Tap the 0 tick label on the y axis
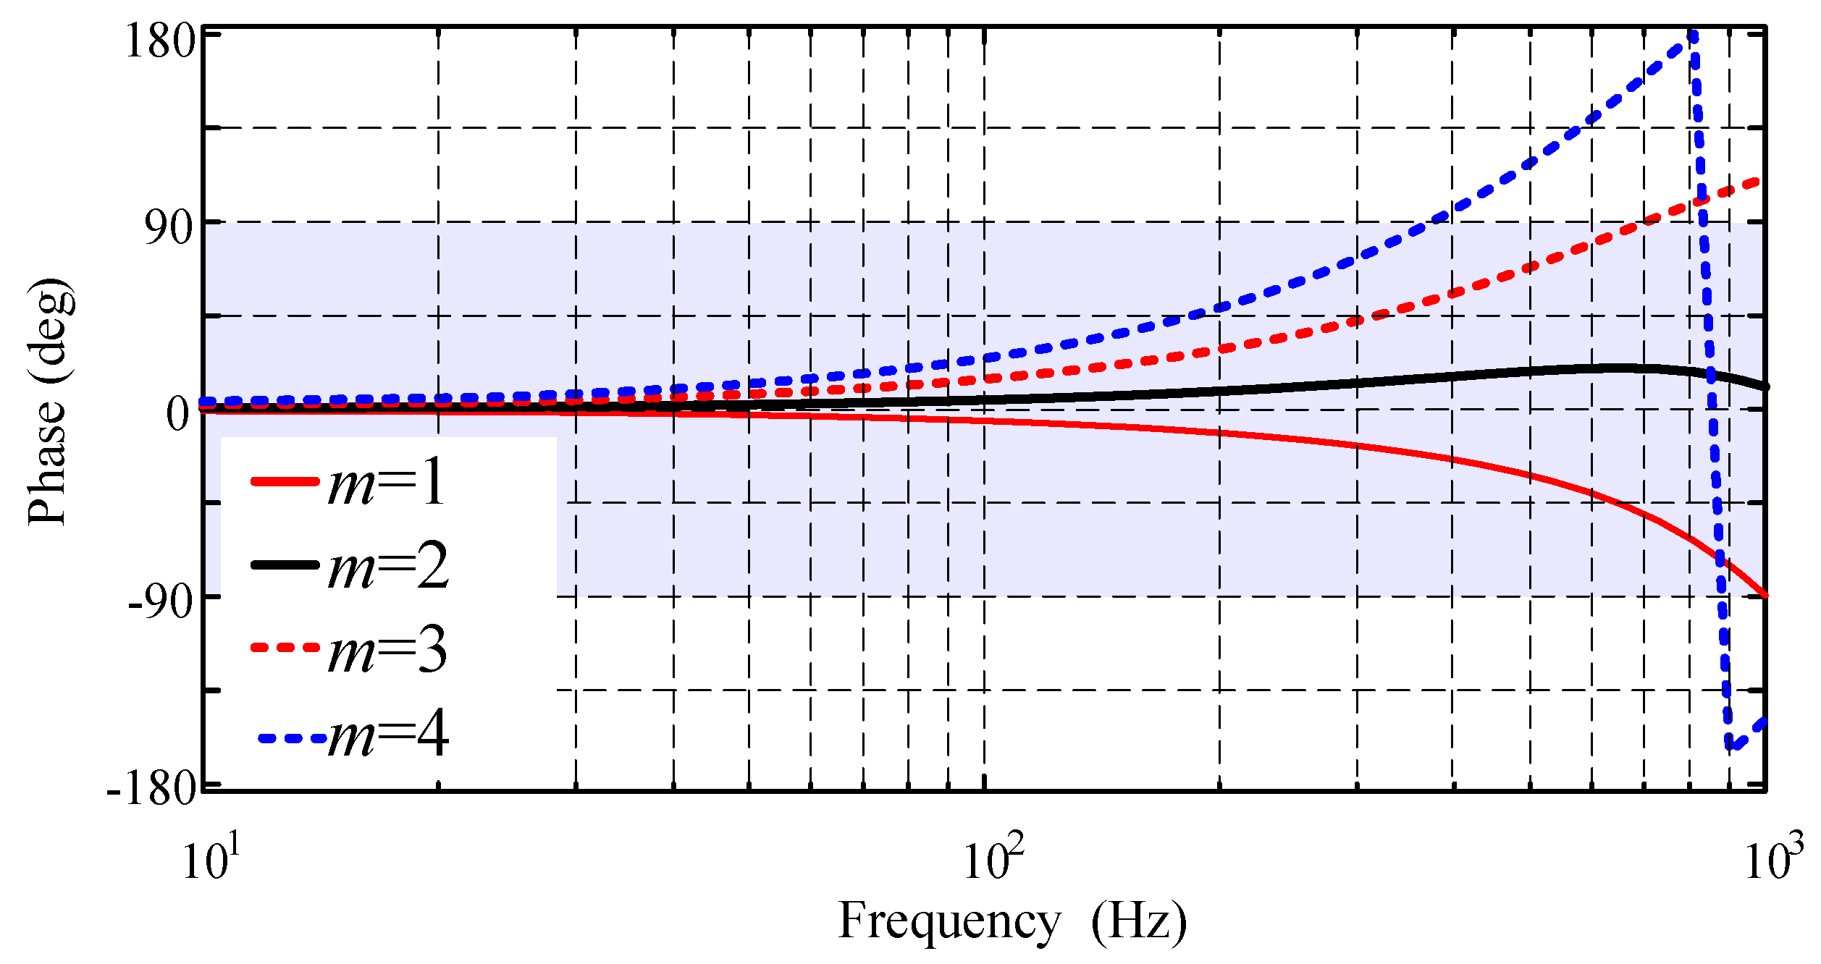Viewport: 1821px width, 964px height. [x=178, y=415]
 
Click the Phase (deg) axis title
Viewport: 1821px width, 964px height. [x=49, y=402]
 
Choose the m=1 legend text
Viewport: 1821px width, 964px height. [x=387, y=483]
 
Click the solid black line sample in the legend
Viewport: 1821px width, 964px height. [x=285, y=565]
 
